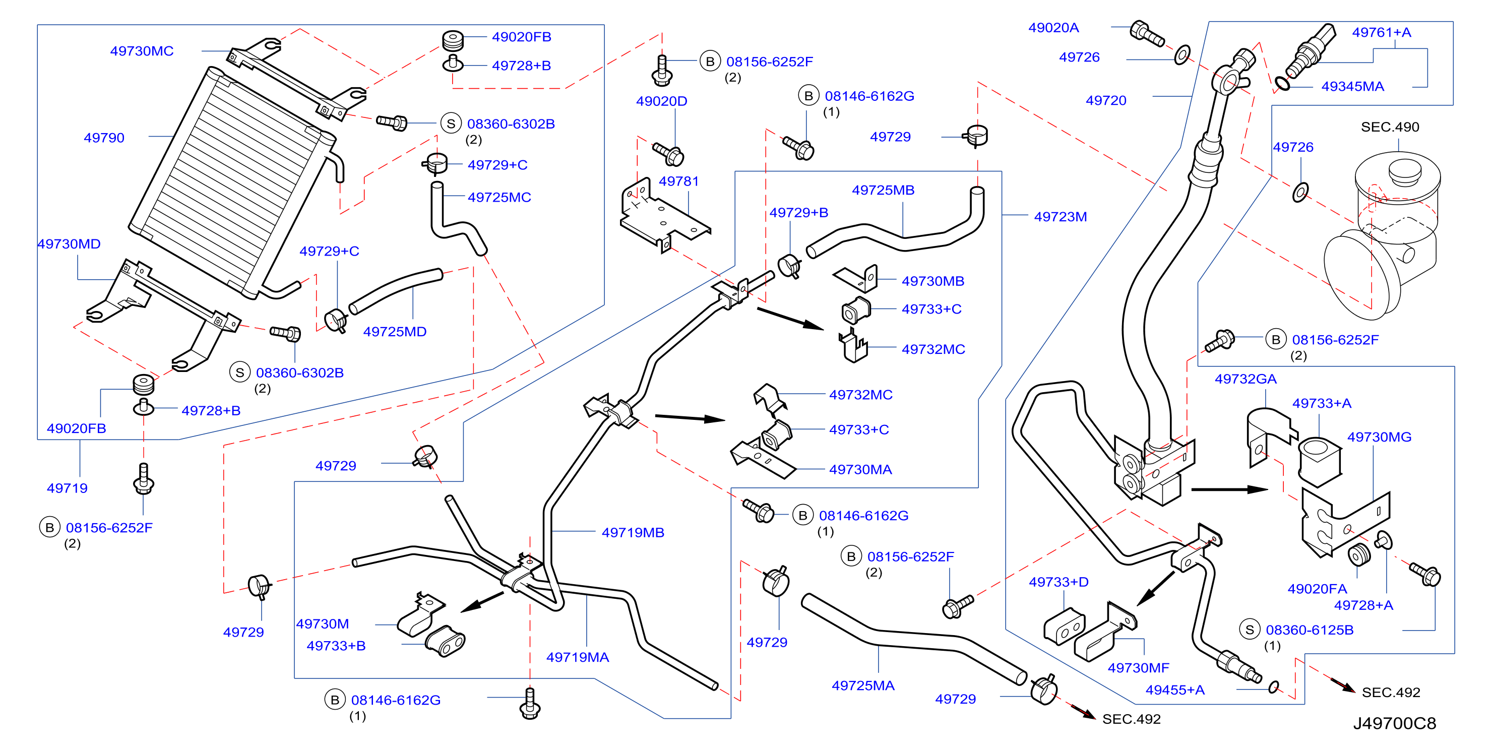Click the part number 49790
[104, 138]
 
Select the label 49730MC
[142, 51]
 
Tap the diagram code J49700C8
[1394, 723]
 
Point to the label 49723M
[1060, 216]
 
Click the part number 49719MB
[633, 532]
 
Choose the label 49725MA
[863, 685]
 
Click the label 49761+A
[1382, 32]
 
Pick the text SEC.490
[1390, 127]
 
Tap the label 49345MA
[1352, 86]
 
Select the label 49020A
[1053, 28]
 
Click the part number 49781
[678, 181]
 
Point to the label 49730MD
[69, 244]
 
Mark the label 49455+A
[1174, 690]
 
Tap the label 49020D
[661, 101]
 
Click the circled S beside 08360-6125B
[1249, 630]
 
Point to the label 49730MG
[1379, 437]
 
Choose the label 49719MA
[577, 657]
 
